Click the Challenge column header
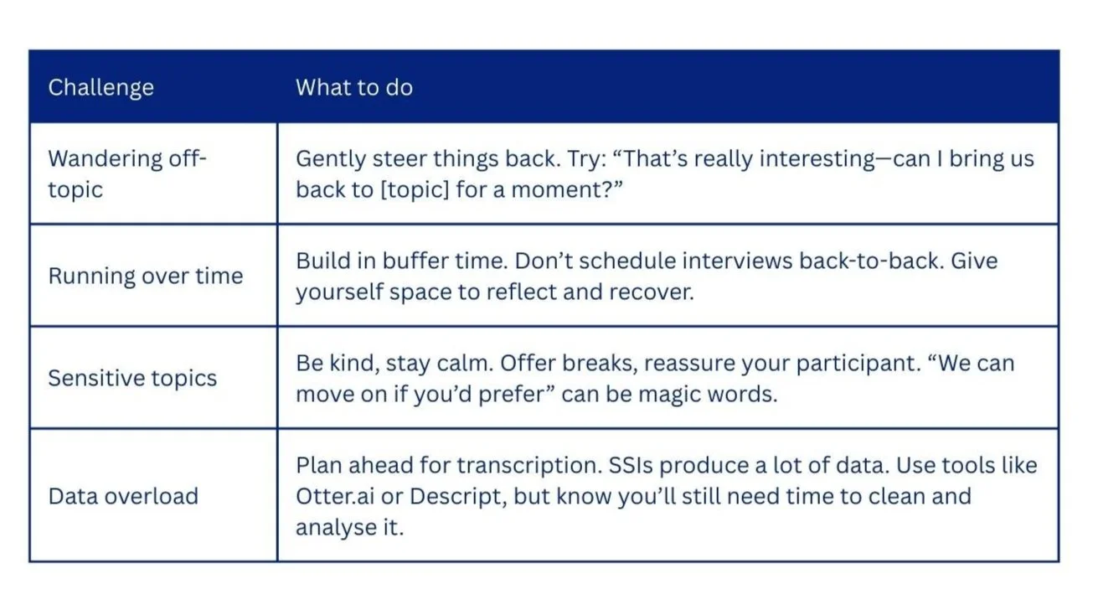pos(101,87)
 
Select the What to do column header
pos(353,87)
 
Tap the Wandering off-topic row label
pos(126,173)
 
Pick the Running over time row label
pos(145,276)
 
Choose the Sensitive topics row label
pos(132,378)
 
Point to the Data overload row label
pos(123,496)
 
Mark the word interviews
pos(737,261)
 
